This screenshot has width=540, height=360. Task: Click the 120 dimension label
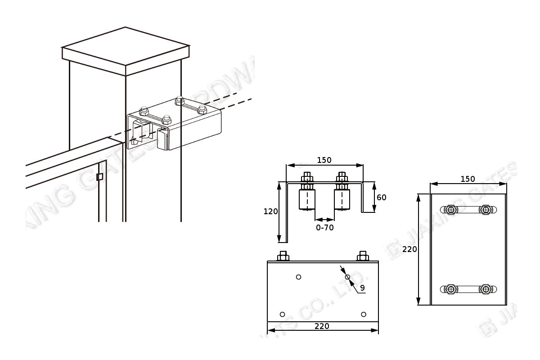270,211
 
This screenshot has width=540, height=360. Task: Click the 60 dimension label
381,197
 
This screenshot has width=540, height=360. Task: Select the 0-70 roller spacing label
324,228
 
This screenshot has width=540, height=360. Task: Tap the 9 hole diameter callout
362,287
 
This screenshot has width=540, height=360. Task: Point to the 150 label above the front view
324,160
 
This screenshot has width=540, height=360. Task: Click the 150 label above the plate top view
468,179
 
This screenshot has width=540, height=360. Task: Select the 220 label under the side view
322,326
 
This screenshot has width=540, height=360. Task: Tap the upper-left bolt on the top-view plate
450,209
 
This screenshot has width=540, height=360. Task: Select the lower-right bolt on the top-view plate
486,289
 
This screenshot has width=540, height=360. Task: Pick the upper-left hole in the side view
298,277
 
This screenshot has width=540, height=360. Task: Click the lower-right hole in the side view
364,314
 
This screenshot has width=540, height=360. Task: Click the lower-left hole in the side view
283,314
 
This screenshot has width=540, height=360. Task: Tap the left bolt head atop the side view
283,256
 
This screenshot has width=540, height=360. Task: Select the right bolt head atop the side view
362,256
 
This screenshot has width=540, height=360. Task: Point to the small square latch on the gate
100,177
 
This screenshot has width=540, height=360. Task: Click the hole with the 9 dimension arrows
348,277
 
